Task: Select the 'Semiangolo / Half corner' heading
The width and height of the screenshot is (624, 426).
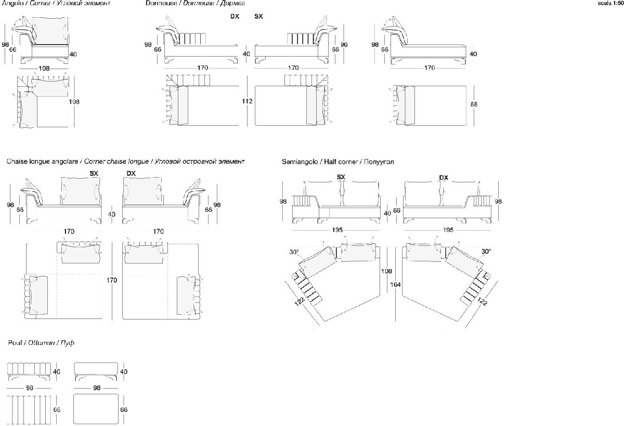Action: pos(337,162)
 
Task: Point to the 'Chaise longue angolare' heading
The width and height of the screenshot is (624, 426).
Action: pos(44,162)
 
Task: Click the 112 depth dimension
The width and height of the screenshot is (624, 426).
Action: pos(247,101)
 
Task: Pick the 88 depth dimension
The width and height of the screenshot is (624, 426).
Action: pos(473,104)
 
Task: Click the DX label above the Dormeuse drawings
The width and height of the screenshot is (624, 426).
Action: pos(235,17)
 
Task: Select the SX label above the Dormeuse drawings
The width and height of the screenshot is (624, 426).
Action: pos(258,17)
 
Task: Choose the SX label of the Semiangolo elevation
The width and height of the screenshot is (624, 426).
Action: pos(341,177)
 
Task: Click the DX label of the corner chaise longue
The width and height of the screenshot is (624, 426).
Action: pos(131,173)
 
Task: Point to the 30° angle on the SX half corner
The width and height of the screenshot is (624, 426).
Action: pos(294,252)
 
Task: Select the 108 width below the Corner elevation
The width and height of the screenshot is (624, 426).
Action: pos(44,68)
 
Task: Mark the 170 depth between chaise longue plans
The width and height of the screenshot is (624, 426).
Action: pos(112,280)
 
